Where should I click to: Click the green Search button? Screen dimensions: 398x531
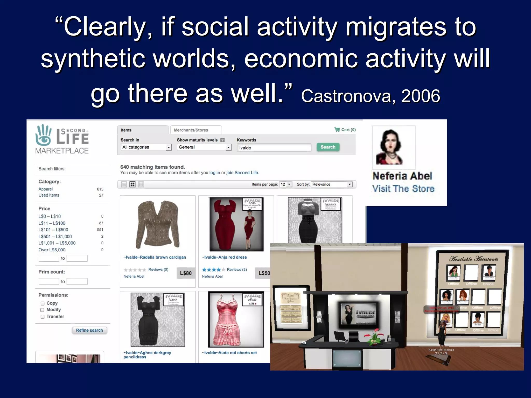(328, 147)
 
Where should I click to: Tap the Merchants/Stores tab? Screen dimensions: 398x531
(191, 130)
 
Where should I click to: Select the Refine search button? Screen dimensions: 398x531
(89, 330)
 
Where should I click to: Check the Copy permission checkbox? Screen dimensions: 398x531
(43, 303)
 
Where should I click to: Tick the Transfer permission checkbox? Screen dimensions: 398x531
(43, 317)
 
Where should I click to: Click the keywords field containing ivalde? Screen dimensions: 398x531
(274, 148)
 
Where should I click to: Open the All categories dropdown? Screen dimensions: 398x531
(146, 147)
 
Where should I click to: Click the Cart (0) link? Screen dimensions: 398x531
(345, 130)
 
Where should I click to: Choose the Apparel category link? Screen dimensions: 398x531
(46, 189)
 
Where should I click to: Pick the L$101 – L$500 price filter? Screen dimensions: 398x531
(53, 230)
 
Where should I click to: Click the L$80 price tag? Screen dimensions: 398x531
(186, 273)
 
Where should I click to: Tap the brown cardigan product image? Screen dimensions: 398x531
(158, 224)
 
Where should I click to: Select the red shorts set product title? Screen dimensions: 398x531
(229, 353)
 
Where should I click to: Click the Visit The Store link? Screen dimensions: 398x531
(403, 189)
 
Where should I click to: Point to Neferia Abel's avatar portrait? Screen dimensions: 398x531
(394, 147)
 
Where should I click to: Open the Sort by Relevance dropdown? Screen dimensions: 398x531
(332, 184)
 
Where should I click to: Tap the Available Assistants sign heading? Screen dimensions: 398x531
(474, 259)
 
